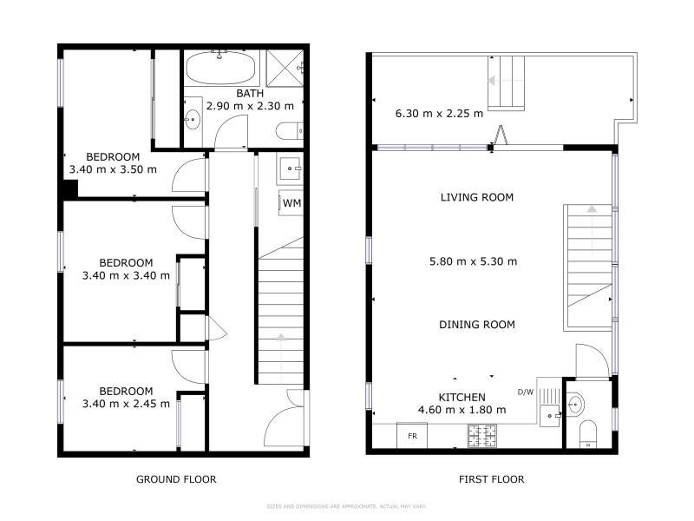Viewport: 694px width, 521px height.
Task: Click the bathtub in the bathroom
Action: [220, 68]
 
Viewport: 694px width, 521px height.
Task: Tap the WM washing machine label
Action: [291, 203]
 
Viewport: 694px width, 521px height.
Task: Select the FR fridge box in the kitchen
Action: [412, 436]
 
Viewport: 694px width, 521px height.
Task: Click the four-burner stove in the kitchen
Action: [482, 435]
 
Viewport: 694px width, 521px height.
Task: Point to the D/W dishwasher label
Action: [526, 392]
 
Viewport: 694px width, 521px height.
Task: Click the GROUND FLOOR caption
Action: [176, 479]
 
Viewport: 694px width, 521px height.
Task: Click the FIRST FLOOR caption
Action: [491, 479]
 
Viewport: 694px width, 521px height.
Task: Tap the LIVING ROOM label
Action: [477, 197]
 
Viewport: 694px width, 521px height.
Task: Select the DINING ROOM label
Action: [477, 325]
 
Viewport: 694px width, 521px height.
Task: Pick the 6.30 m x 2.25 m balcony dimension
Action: [439, 114]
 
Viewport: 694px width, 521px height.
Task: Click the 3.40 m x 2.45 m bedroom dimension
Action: [126, 404]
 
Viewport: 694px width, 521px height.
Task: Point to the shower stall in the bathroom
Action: [285, 68]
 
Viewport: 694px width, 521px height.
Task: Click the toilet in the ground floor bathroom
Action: [290, 131]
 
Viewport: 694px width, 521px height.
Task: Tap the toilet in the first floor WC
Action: [588, 433]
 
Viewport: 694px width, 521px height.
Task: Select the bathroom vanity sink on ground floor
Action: [193, 119]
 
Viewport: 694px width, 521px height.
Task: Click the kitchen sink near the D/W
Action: [550, 416]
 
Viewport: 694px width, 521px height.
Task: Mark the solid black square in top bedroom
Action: [70, 189]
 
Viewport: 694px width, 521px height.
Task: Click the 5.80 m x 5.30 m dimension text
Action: [473, 261]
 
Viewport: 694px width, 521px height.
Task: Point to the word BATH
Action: [250, 94]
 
